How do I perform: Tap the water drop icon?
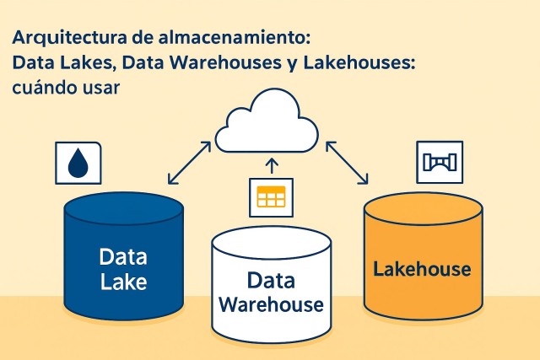(78, 161)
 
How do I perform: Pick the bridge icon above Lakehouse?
(440, 162)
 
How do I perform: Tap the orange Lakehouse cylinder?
(422, 261)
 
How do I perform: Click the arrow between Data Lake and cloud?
(190, 163)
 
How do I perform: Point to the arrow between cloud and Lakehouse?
(347, 163)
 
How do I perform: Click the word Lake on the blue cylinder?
(123, 281)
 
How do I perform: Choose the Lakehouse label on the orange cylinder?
(422, 270)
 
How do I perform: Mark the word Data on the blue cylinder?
(123, 255)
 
